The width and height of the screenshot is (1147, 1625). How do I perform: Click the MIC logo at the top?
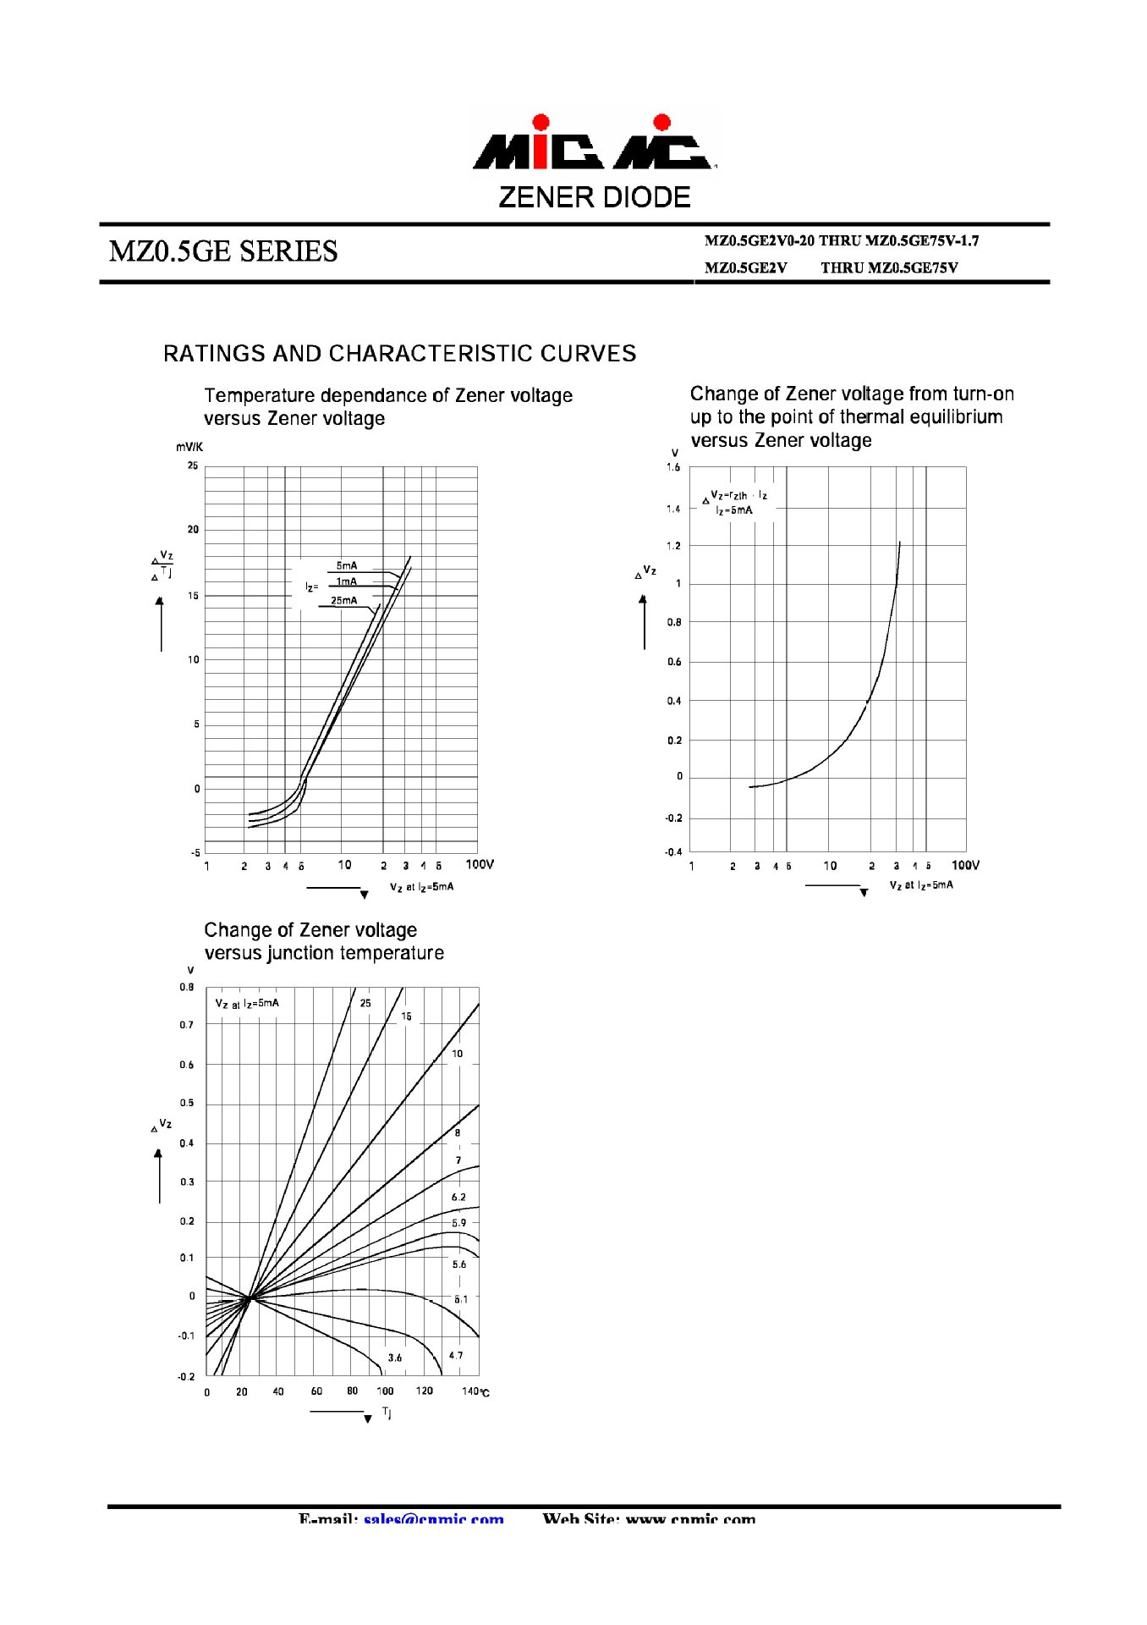[595, 144]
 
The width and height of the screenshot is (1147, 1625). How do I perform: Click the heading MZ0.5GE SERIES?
[223, 251]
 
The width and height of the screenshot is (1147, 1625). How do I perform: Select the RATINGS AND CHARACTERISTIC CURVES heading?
[399, 354]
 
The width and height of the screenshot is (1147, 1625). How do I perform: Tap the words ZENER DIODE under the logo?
[595, 197]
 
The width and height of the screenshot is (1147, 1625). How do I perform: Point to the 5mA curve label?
[347, 565]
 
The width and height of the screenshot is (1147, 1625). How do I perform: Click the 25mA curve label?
[343, 600]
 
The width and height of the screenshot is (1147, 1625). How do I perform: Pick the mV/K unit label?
[189, 447]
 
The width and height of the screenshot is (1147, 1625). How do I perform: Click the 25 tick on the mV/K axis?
[193, 465]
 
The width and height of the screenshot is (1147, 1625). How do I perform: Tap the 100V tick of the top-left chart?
[480, 864]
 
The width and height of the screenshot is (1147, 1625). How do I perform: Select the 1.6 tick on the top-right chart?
[672, 467]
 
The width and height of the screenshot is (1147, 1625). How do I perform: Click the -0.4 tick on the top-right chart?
[672, 851]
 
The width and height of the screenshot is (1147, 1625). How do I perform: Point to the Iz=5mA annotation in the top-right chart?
[733, 510]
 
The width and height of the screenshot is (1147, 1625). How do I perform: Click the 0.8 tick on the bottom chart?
[186, 987]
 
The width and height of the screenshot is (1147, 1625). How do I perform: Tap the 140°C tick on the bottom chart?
[475, 1391]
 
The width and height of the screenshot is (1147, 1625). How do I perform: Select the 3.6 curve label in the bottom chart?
[395, 1358]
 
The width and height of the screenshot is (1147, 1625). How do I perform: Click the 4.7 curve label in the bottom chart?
[456, 1355]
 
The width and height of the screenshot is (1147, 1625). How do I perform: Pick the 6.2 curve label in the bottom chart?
[458, 1197]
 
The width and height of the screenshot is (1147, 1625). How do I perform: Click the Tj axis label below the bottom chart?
[387, 1412]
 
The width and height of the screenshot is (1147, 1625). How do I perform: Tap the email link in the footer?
[433, 1519]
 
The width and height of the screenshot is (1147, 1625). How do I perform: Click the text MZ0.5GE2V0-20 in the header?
[759, 241]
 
